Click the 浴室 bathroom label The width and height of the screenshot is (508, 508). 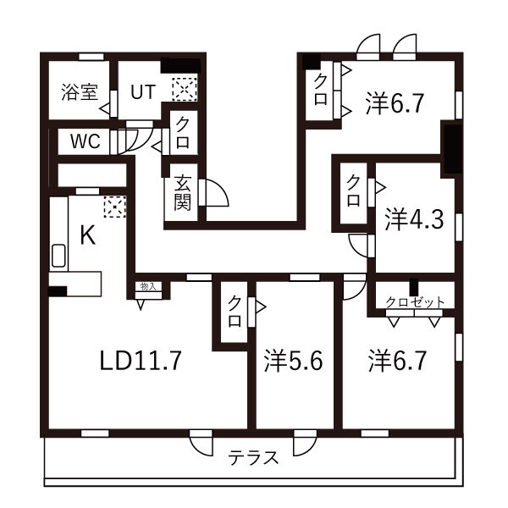(79, 92)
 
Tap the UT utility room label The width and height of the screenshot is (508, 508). (142, 91)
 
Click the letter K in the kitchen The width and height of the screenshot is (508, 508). (86, 236)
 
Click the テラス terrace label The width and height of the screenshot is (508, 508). (253, 458)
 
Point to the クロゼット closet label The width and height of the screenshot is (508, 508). (415, 302)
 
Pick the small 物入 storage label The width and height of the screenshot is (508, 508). (148, 288)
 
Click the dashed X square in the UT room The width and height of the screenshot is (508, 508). (184, 88)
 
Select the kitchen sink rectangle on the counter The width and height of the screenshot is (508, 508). (59, 256)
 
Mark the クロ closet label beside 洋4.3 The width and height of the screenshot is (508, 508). (352, 191)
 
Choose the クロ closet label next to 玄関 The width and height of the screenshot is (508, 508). (183, 132)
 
